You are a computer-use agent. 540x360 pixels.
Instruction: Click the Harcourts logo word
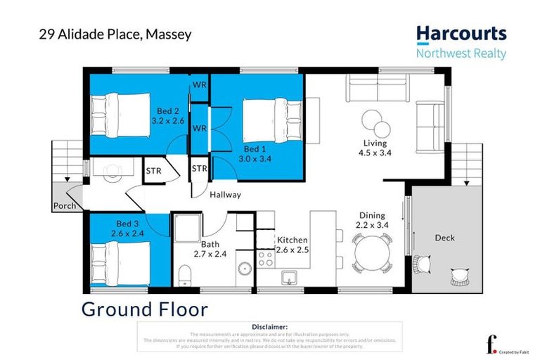click(x=461, y=33)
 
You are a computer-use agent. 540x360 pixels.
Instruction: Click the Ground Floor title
click(x=145, y=309)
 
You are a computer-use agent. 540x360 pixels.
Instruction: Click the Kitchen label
click(x=292, y=240)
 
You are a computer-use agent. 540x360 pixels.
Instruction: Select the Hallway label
click(x=225, y=195)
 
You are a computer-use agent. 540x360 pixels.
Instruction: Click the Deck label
click(x=445, y=238)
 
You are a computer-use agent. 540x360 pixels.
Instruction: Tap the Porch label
click(x=65, y=206)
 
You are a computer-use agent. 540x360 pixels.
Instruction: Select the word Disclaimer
click(x=269, y=327)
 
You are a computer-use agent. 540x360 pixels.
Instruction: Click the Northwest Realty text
click(x=461, y=54)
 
